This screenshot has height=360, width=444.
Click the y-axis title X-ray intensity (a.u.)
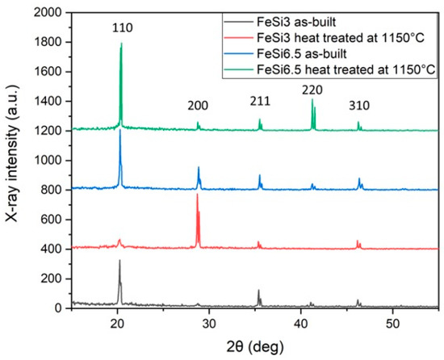(11, 161)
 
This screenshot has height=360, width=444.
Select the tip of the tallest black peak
(119, 260)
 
